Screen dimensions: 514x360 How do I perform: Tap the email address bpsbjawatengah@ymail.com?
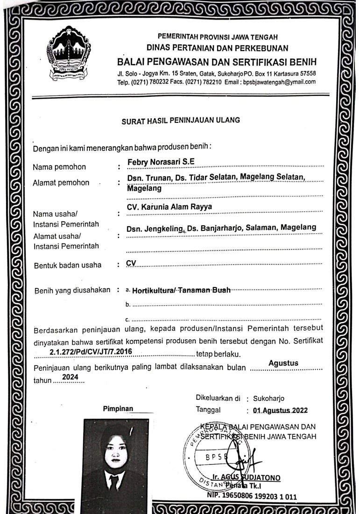[x=279, y=81]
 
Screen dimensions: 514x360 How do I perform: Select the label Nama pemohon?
[x=59, y=167]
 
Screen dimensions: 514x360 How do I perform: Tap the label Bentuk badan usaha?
[x=67, y=265]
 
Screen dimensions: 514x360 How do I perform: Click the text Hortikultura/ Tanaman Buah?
[x=181, y=290]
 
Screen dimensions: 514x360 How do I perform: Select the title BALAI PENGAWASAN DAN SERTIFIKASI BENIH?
[x=217, y=63]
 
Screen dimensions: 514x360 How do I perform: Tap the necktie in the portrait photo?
[x=114, y=483]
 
